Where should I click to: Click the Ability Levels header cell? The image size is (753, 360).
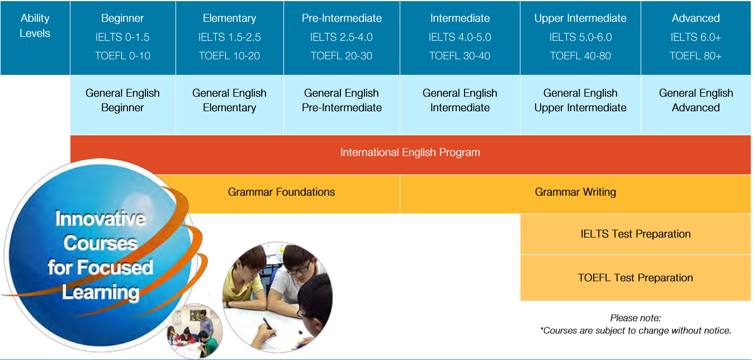point(35,37)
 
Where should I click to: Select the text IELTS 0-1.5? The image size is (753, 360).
point(122,37)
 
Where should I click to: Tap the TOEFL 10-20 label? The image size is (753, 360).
point(229,56)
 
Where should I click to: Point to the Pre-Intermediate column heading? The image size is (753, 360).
point(342,18)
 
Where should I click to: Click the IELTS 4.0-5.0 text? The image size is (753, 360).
point(460,37)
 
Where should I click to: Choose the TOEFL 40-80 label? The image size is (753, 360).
point(580,56)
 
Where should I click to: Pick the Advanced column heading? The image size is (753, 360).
point(695,18)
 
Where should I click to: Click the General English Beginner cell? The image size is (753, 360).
point(122,105)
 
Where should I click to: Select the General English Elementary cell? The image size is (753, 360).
point(230,105)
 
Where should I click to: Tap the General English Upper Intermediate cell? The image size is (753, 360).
point(581,105)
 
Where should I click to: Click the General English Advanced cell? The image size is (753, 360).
point(696,105)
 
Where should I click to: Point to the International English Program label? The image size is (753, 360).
point(410,152)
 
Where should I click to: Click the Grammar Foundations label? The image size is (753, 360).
point(281,192)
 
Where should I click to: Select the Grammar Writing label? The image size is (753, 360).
point(575,192)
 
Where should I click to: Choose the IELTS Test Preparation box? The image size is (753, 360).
point(636,234)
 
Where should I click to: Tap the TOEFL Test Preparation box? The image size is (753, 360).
point(636,278)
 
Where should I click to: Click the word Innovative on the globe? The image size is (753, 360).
point(101,219)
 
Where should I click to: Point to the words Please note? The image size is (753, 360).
point(636,318)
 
